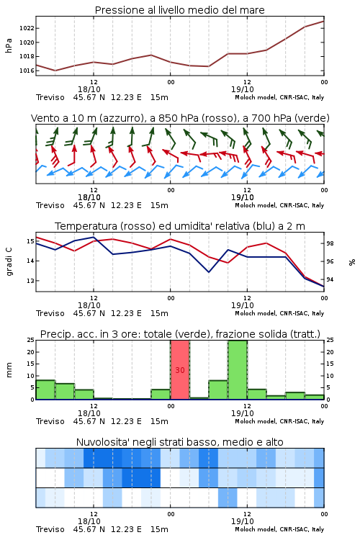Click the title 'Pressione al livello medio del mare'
pyautogui.click(x=179, y=10)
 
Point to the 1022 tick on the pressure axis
pyautogui.click(x=27, y=28)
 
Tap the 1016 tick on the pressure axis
pyautogui.click(x=27, y=71)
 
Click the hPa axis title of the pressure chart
pyautogui.click(x=9, y=45)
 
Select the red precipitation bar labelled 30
pyautogui.click(x=180, y=370)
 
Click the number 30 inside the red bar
pyautogui.click(x=180, y=370)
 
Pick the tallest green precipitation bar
pyautogui.click(x=238, y=370)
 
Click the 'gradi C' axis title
pyautogui.click(x=9, y=261)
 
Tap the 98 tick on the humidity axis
pyautogui.click(x=330, y=243)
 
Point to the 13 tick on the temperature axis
pyautogui.click(x=30, y=281)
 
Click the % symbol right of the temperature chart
pyautogui.click(x=352, y=262)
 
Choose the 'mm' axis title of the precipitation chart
pyautogui.click(x=9, y=370)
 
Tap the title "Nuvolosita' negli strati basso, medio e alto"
pyautogui.click(x=179, y=442)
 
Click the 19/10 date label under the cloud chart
pyautogui.click(x=243, y=521)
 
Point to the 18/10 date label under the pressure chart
pyautogui.click(x=89, y=89)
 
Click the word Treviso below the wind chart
pyautogui.click(x=50, y=205)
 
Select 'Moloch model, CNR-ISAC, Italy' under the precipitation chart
pyautogui.click(x=279, y=421)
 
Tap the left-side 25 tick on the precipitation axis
pyautogui.click(x=31, y=341)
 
